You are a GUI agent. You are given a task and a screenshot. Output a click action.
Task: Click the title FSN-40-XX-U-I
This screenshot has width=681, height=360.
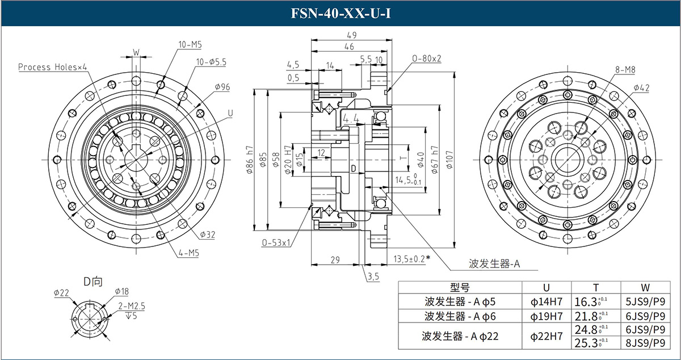pos(340,13)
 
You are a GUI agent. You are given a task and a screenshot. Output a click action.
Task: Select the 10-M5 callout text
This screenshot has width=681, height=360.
pos(191,44)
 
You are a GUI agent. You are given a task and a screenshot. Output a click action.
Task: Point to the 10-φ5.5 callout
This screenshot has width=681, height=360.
pos(212,61)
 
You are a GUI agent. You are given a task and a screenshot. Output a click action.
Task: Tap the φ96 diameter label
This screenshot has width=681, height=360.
pos(222,87)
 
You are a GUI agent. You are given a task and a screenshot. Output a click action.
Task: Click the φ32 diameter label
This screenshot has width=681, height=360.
pos(207,235)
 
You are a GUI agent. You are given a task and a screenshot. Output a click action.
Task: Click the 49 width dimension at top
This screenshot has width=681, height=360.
pos(352,35)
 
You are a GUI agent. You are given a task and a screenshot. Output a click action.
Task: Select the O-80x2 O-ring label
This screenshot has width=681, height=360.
pos(427,58)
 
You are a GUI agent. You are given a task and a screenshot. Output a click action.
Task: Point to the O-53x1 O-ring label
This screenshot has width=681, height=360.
pos(276,242)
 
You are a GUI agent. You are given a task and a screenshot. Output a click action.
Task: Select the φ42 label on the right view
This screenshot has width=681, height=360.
pos(641,87)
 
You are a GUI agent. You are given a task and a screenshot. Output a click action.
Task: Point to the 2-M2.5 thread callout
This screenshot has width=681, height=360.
pos(132,305)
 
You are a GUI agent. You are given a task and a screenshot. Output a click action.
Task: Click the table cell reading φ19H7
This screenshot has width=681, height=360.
pos(547,316)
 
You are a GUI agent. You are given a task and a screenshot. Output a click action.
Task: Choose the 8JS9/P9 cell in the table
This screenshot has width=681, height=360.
pos(645,342)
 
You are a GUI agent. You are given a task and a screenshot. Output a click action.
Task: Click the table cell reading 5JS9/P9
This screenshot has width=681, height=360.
pos(645,302)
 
